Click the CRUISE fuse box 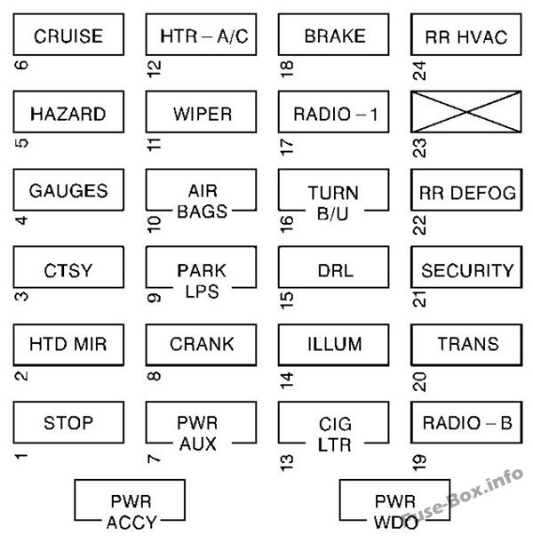68,36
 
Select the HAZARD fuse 68,114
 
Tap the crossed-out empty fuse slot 466,114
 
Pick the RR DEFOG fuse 466,192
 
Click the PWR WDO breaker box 394,503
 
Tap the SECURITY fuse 466,270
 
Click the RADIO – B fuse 466,422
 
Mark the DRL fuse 333,270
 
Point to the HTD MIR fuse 68,345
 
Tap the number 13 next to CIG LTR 286,460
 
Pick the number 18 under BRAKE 286,69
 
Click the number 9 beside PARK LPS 154,299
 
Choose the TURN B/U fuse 333,200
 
